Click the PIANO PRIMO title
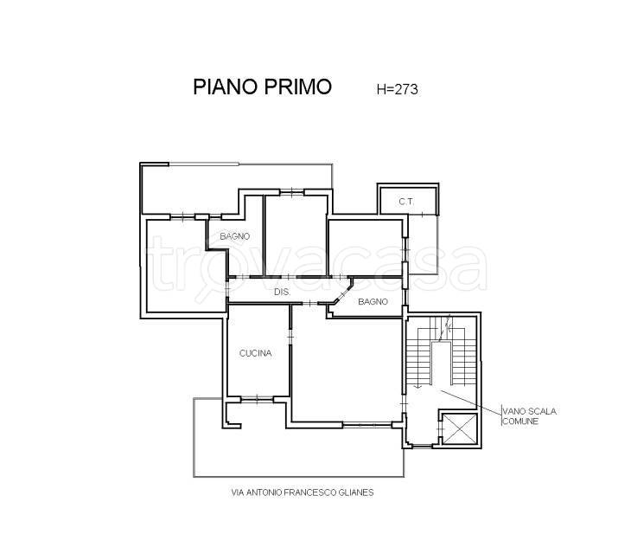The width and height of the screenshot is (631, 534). [263, 87]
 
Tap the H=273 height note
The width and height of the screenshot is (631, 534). [398, 89]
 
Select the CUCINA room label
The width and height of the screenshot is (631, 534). [256, 353]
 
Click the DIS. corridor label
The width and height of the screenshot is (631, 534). [282, 292]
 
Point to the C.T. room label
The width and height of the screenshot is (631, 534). [406, 202]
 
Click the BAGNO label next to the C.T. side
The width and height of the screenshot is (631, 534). [373, 301]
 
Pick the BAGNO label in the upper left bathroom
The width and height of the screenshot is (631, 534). [234, 236]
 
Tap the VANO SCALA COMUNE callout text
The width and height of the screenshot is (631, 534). [529, 416]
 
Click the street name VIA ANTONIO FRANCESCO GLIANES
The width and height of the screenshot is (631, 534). [303, 492]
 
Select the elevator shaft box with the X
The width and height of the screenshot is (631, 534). [459, 428]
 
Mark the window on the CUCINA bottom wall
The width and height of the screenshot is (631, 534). [257, 399]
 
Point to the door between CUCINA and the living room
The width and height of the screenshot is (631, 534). [290, 336]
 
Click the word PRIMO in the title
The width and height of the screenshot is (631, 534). [298, 87]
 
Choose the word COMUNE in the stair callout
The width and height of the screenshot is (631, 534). [520, 421]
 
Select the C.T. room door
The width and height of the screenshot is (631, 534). [422, 215]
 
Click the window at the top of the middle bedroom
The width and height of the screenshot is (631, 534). [292, 192]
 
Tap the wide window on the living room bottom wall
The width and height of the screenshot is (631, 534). [367, 424]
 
